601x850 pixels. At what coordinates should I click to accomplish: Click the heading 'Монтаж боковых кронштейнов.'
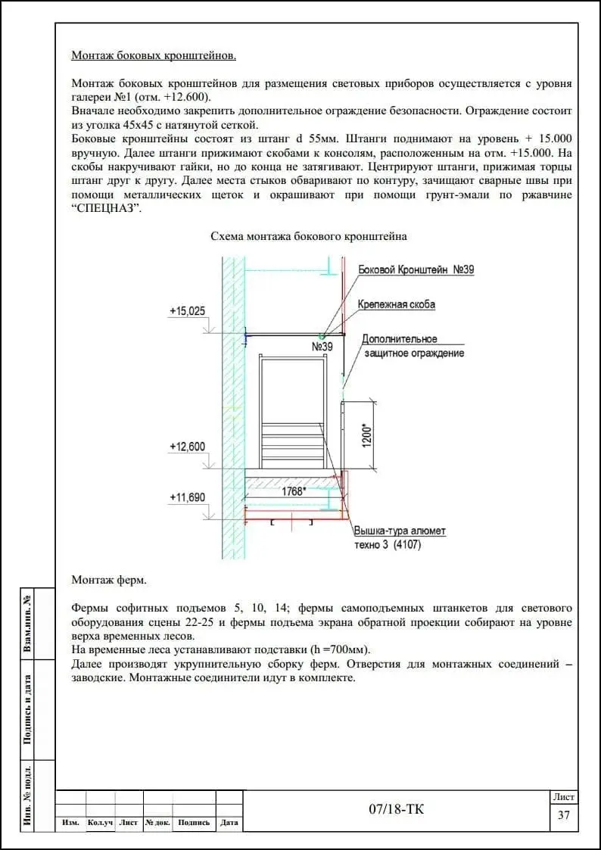[154, 55]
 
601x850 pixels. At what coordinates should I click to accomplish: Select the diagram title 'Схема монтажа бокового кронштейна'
[308, 236]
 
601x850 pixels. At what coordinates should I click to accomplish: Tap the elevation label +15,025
[187, 311]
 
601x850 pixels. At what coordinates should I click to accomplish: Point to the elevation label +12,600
[187, 447]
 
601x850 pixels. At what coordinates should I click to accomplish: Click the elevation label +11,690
[187, 497]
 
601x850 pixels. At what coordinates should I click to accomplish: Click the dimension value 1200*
[366, 436]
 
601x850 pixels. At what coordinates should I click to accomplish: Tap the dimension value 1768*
[293, 491]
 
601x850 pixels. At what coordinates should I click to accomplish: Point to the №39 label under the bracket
[322, 347]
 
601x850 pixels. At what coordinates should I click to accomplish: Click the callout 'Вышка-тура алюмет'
[400, 531]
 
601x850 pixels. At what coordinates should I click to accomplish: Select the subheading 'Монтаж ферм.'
[109, 580]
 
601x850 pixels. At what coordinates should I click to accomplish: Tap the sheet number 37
[563, 815]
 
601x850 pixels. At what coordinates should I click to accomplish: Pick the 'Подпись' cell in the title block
[194, 823]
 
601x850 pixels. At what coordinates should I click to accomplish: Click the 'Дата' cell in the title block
[229, 823]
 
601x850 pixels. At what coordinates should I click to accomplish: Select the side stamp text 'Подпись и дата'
[27, 709]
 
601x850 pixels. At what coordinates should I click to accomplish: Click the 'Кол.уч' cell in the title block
[100, 823]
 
